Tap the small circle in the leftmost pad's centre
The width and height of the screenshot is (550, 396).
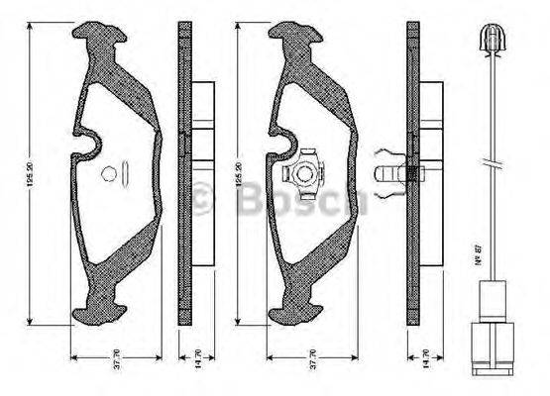[108, 174]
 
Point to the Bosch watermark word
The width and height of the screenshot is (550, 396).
[297, 201]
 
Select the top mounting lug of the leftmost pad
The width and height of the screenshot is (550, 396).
[100, 43]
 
